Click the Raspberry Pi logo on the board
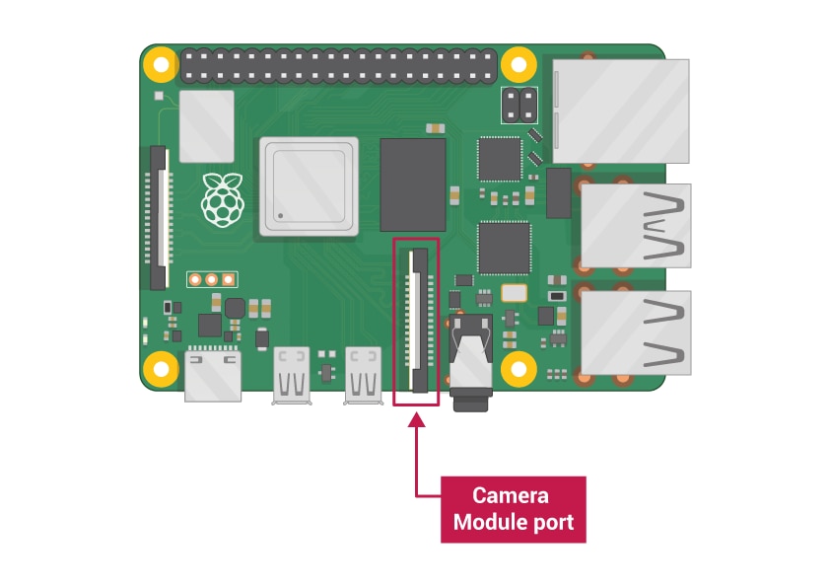(223, 199)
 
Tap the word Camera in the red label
(511, 496)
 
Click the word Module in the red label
(487, 522)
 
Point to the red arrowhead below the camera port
(417, 419)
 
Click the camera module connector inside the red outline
(418, 321)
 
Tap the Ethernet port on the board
(621, 111)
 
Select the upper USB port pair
(636, 226)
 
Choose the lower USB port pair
(636, 332)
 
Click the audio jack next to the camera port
(470, 363)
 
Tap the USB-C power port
(213, 376)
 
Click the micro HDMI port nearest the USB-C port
(291, 376)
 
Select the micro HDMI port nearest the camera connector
(363, 376)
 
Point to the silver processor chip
(309, 186)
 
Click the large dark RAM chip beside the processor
(413, 184)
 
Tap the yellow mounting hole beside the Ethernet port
(519, 65)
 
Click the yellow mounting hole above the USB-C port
(161, 369)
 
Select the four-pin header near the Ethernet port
(519, 106)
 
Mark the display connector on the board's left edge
(159, 218)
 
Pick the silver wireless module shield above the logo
(206, 126)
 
